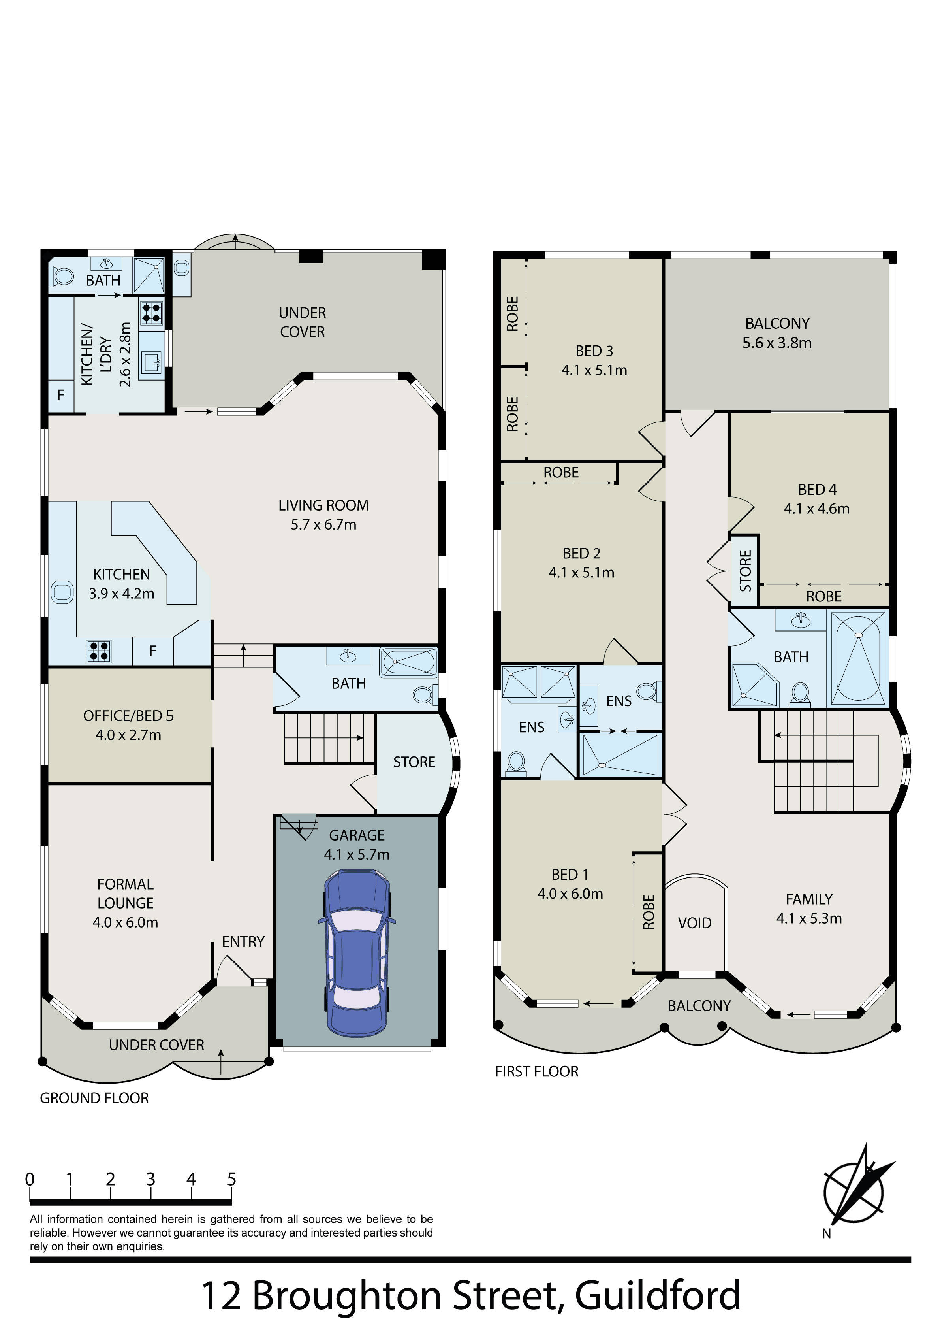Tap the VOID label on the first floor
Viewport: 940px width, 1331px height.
point(694,923)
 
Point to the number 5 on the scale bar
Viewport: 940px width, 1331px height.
point(231,1179)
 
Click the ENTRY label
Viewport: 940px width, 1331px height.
point(243,942)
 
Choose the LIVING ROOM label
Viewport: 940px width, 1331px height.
point(323,505)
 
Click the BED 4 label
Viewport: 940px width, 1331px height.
point(817,490)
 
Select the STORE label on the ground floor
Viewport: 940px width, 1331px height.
point(414,762)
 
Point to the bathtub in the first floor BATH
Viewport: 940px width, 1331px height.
point(858,659)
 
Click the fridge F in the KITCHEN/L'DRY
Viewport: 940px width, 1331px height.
point(60,395)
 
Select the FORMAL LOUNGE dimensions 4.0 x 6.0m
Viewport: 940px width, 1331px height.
point(125,922)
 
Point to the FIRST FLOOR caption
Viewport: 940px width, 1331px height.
point(537,1072)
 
